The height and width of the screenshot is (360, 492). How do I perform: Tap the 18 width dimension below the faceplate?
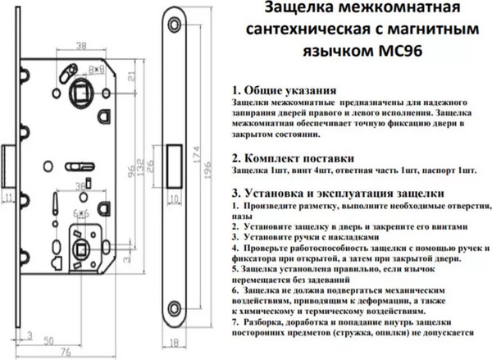(174, 346)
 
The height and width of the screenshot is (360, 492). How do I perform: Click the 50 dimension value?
(49, 339)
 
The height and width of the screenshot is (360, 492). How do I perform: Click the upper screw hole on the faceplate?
(174, 23)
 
